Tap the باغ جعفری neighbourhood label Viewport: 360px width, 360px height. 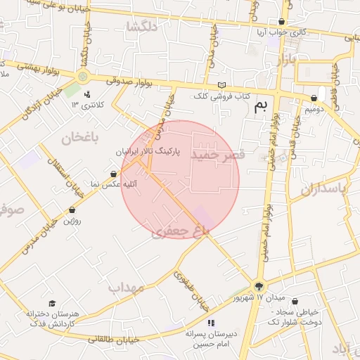coord(180,231)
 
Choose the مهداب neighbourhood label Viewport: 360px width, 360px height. coord(127,288)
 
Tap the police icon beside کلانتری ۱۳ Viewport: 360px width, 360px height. coord(87,94)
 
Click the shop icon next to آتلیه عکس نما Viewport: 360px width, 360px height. coord(114,174)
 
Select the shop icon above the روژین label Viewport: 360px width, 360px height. coord(72,210)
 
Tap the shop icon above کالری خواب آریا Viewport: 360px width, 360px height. coord(282,22)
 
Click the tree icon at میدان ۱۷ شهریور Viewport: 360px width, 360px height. coord(259,285)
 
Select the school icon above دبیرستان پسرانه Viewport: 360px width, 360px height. coord(211,323)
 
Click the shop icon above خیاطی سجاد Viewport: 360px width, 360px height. coord(295,300)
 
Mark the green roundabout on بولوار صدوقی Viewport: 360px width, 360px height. coord(83,76)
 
